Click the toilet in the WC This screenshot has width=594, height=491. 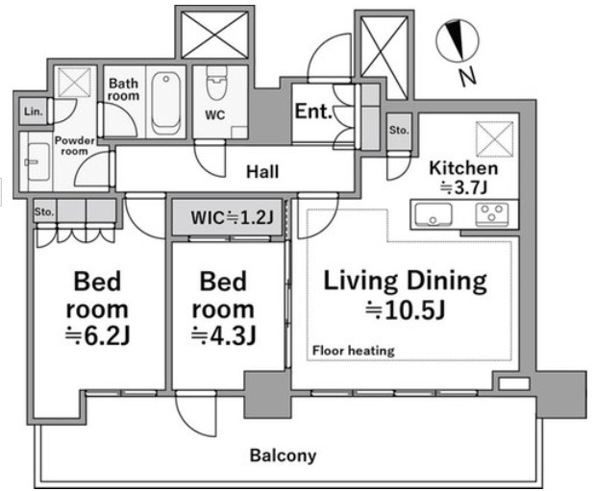coord(217,83)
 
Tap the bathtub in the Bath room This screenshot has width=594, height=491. coord(165,103)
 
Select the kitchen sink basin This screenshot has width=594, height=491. coord(433,214)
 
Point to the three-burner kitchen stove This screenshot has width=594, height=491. coord(492,214)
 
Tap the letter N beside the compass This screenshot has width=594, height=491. coord(468,77)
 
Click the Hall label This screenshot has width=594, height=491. coord(262,172)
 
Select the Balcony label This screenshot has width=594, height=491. coord(283,455)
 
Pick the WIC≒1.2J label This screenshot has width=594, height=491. coord(232,218)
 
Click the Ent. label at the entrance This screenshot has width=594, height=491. coord(313,111)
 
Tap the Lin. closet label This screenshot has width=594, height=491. coord(34,111)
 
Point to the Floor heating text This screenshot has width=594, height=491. coord(354,351)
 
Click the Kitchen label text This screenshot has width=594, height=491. coord(463,168)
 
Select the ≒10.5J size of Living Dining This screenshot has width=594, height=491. coord(405,310)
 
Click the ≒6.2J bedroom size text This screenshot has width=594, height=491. coord(97,335)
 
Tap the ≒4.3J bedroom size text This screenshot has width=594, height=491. coord(223,335)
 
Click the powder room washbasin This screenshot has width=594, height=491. coord(37,162)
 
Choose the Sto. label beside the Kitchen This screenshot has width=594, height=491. coord(399,131)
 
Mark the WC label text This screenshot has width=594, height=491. coord(214,114)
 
